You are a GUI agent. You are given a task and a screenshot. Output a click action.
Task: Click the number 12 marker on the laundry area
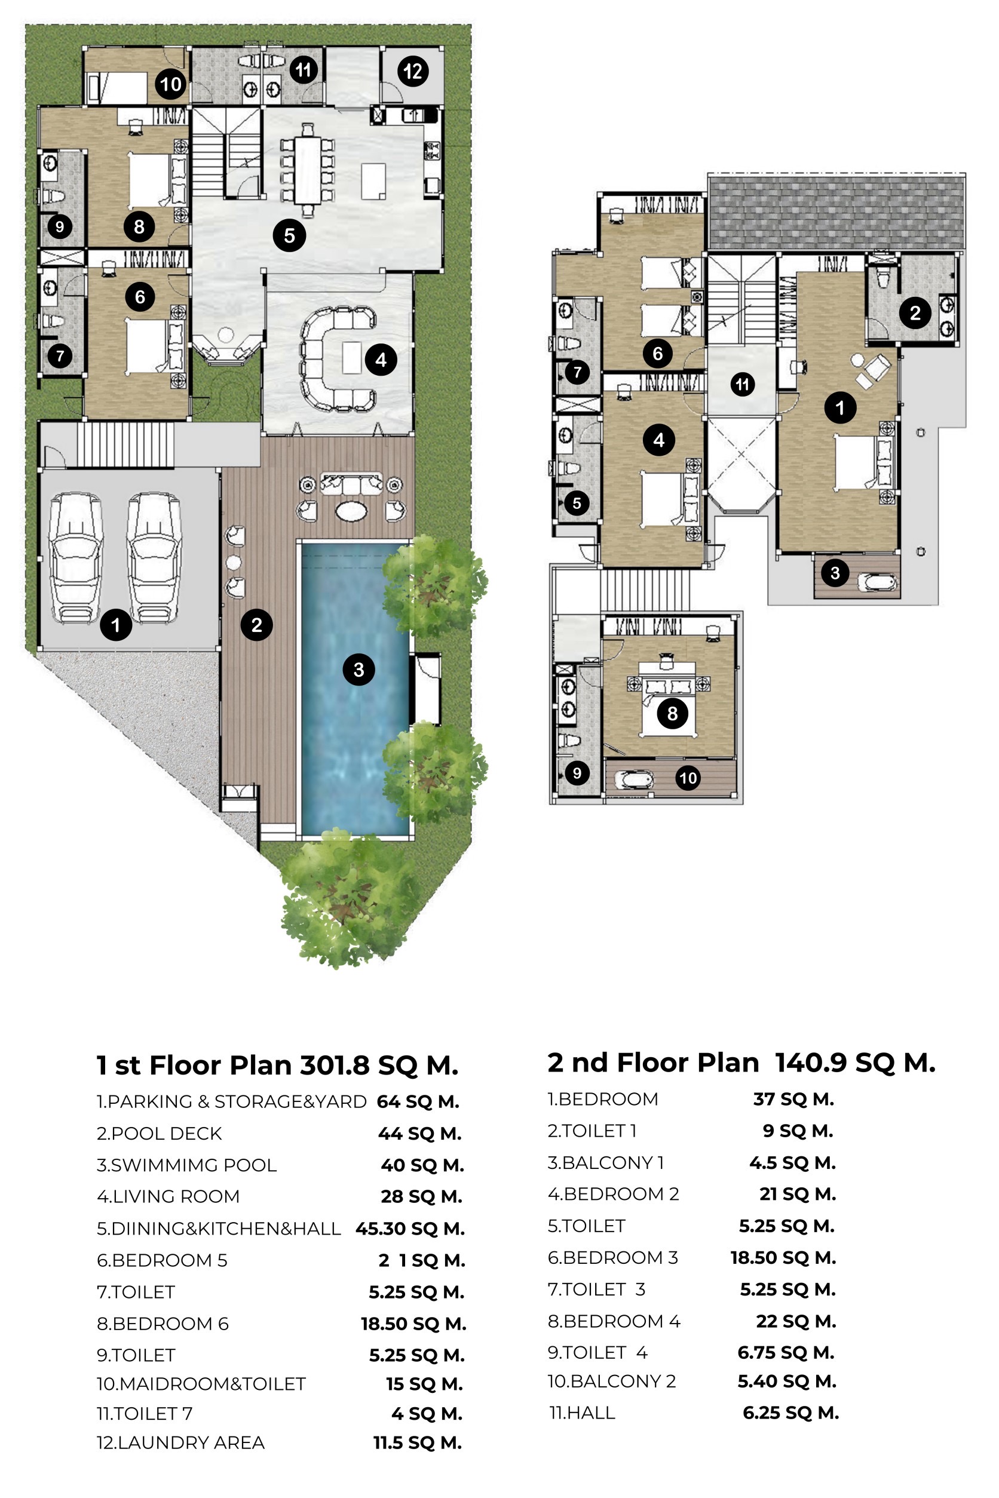413,70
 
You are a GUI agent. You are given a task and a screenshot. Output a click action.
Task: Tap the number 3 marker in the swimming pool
358,670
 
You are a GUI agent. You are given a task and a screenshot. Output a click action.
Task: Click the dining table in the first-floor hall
308,171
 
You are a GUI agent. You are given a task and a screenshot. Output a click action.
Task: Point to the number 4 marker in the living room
381,360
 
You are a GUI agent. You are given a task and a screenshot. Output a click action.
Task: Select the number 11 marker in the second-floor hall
742,384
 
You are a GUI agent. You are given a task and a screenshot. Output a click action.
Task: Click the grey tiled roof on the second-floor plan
836,213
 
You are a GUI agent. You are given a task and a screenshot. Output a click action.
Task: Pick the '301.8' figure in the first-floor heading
335,1066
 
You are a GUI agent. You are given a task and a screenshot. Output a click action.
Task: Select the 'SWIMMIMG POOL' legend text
194,1165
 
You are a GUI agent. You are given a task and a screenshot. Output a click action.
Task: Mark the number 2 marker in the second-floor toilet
915,313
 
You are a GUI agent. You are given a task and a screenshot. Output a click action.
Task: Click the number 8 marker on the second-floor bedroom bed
672,713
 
